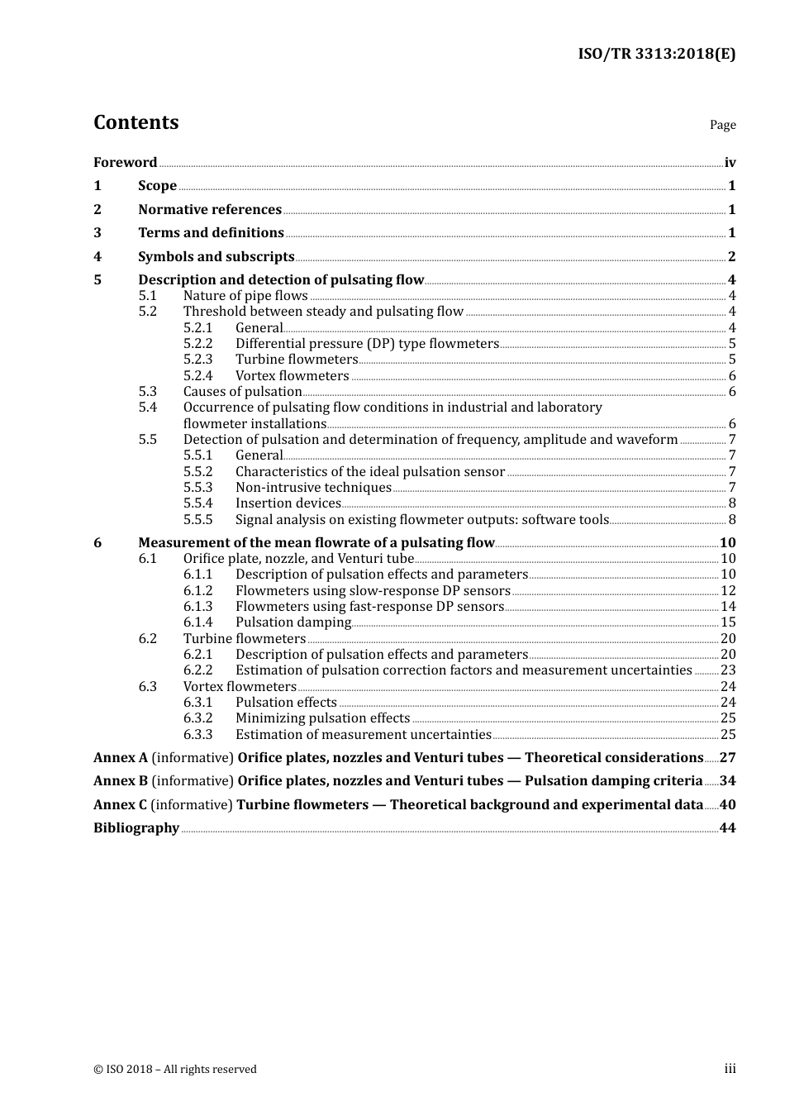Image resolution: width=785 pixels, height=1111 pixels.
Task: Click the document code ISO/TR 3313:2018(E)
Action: click(656, 55)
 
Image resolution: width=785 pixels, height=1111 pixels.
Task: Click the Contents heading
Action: click(136, 122)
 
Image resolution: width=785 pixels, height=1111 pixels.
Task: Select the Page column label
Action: click(722, 125)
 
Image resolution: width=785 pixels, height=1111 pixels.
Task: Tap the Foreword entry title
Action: click(125, 163)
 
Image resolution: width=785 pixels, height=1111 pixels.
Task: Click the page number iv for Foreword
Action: click(730, 163)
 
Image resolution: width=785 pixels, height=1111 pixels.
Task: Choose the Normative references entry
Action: click(210, 210)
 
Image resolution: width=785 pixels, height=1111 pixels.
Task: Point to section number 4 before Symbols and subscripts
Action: click(98, 257)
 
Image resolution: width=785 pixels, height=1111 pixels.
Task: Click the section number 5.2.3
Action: click(197, 360)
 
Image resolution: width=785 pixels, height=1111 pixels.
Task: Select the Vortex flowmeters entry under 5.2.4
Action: click(292, 376)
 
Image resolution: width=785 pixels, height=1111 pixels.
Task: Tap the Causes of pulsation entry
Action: click(242, 392)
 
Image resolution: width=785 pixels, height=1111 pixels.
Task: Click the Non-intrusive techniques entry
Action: click(313, 488)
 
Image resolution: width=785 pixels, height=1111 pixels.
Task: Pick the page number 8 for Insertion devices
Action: click(732, 503)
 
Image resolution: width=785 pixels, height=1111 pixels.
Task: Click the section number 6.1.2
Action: click(197, 591)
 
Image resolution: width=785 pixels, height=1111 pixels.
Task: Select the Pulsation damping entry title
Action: click(293, 622)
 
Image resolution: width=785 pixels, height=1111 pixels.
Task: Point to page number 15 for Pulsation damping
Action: click(728, 622)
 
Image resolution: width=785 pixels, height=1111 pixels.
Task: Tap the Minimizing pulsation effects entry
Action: click(322, 718)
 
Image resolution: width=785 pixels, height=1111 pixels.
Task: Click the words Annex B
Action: click(121, 781)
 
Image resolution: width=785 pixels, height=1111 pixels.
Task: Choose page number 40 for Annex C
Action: click(727, 805)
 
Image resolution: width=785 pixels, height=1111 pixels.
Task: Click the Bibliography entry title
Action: click(136, 828)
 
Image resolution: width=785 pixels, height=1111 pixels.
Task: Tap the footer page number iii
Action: click(730, 1069)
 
